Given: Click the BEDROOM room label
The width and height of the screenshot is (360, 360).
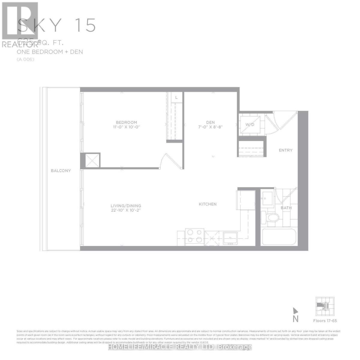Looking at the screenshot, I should [126, 122].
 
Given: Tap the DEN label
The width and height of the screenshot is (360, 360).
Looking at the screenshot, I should [210, 122].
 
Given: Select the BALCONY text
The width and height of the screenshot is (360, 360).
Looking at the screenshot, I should [61, 171].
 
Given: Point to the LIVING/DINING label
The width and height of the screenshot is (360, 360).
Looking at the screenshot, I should [126, 206].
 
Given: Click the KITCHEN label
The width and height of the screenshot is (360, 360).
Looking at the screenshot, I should [208, 204].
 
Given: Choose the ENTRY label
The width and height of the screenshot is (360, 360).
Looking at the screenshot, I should [285, 150].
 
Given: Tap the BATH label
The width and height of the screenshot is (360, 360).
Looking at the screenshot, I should [286, 208].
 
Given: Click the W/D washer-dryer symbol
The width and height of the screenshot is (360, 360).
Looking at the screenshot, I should [250, 124].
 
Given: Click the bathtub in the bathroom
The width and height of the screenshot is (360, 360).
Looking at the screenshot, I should [279, 237].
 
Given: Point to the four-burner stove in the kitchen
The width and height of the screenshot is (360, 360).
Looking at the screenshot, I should [194, 236].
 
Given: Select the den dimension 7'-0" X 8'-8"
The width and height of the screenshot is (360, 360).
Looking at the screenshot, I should [210, 127].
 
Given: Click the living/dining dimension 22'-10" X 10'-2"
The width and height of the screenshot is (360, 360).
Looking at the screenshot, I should [126, 211].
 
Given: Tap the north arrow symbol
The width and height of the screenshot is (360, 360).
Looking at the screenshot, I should [295, 311].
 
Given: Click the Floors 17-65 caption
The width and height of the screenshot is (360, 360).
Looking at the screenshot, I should [325, 321].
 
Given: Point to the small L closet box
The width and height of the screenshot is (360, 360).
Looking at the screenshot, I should [176, 97].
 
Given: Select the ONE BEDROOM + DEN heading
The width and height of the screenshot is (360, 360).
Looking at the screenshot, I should [50, 52].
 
